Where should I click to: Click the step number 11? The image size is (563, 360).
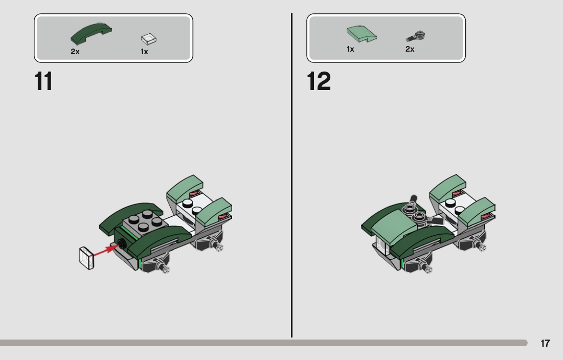coord(43,81)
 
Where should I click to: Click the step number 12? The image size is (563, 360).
coord(319,81)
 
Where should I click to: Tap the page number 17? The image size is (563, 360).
coord(545,344)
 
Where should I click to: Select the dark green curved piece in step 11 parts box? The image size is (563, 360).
coord(91,33)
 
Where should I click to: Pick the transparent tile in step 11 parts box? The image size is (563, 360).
coord(149,39)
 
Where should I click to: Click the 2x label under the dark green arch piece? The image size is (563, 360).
coord(75,52)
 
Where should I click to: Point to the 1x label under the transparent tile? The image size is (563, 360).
coord(144,52)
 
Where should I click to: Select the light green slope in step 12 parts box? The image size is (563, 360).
coord(361,34)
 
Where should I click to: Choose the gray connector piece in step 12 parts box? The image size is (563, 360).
coord(416,36)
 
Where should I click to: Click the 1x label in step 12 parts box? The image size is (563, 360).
coord(350,49)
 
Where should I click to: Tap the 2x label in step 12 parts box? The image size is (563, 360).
coord(410,49)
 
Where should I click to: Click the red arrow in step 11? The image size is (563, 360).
coord(106,250)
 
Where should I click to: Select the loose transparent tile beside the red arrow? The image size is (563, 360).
coord(86,258)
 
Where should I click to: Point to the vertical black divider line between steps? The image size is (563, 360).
coord(291,175)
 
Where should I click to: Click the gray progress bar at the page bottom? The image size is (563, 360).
coord(263,343)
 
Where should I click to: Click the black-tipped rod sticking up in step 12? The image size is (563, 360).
coord(413,200)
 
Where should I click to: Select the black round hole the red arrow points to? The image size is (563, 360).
coord(121,244)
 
